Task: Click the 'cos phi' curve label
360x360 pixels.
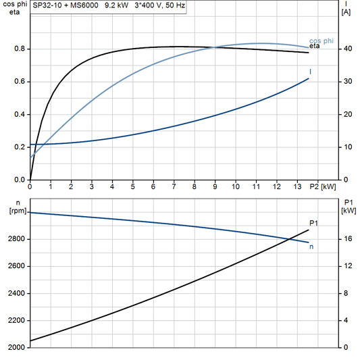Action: [x=322, y=41]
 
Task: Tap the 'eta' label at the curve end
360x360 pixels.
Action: [x=315, y=46]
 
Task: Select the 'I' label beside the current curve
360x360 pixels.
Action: [x=310, y=71]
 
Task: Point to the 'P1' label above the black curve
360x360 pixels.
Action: [x=313, y=223]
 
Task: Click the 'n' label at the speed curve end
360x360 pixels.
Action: [x=311, y=247]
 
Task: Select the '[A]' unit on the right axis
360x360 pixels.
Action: [x=345, y=12]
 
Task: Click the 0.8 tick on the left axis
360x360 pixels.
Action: [x=20, y=49]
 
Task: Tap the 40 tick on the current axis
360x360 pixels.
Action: [x=346, y=49]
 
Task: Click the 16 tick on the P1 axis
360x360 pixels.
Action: [x=346, y=239]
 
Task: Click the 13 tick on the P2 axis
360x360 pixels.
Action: [x=297, y=186]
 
